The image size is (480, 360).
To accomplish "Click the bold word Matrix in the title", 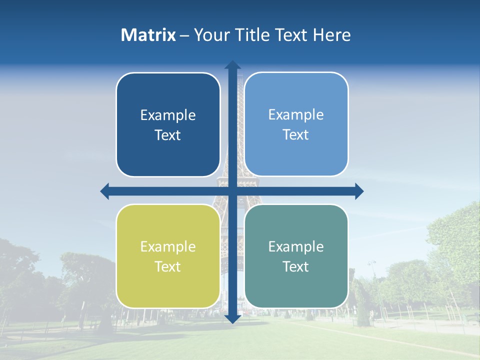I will [148, 35].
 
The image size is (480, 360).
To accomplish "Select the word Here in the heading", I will [331, 35].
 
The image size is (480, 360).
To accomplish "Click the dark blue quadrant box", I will [168, 124].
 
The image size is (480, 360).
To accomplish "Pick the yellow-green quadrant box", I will [168, 256].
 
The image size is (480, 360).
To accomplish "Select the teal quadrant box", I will [296, 256].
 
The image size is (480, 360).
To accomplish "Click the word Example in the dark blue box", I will [168, 115].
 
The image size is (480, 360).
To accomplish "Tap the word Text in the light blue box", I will [296, 134].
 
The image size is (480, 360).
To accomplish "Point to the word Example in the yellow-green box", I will [168, 247].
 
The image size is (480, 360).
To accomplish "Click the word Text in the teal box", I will [296, 266].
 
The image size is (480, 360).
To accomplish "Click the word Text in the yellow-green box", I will [168, 266].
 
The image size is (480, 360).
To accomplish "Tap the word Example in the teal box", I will [296, 246].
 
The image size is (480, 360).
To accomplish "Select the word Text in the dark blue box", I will [168, 135].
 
